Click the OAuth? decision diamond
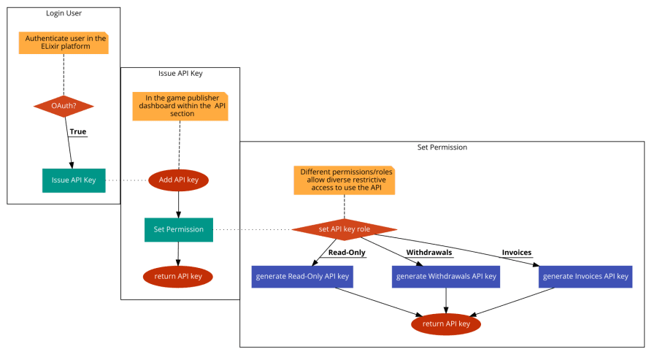[64, 107]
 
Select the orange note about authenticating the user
[64, 42]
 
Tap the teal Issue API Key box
[74, 180]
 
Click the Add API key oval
[179, 179]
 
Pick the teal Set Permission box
[178, 229]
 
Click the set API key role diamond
[344, 229]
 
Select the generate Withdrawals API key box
[446, 276]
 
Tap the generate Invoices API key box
[585, 276]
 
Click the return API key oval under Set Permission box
[178, 276]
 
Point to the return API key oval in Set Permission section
[446, 323]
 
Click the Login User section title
[63, 14]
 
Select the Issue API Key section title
[180, 74]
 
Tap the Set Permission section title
[442, 148]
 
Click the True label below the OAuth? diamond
[77, 132]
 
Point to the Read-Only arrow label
[346, 253]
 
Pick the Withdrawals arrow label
[429, 253]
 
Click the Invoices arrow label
[516, 253]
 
